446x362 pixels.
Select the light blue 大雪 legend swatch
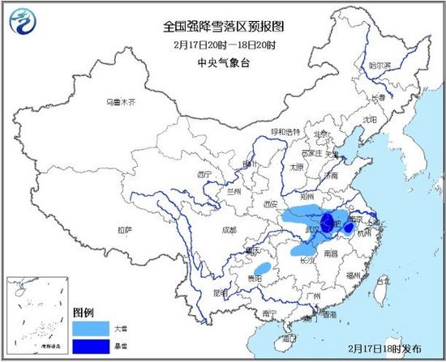click(x=89, y=328)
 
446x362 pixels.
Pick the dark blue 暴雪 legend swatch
click(x=89, y=346)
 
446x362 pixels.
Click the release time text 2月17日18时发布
click(x=384, y=348)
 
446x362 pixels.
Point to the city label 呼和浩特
click(x=285, y=131)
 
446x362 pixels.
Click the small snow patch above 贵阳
click(x=263, y=268)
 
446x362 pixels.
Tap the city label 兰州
click(x=235, y=192)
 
